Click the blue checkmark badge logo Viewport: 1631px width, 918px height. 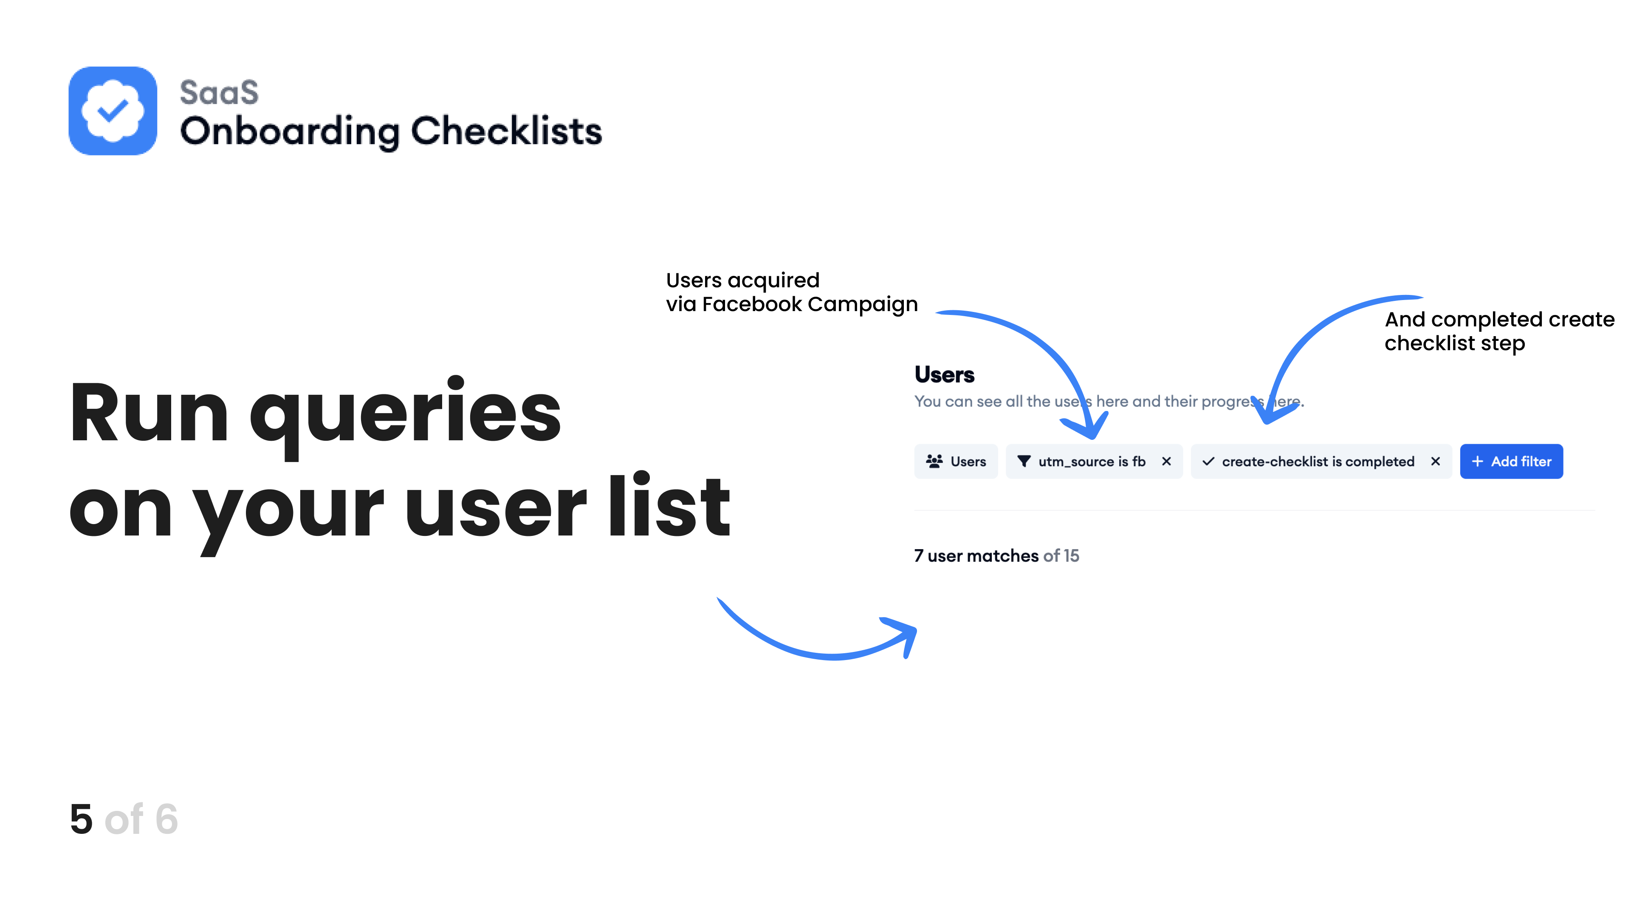[113, 111]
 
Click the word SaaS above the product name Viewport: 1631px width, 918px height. [219, 93]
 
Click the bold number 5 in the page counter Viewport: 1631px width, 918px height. [82, 819]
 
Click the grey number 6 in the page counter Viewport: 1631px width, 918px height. [166, 819]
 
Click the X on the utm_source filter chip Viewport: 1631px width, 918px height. [1166, 461]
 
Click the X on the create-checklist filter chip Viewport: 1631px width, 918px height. [1435, 461]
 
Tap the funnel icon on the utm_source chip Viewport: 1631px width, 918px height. [1024, 461]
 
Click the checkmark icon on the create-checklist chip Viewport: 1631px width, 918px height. [1208, 461]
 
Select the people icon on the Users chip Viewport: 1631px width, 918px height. [934, 461]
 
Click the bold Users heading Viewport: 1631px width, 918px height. [945, 374]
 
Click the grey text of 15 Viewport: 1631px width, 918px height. [1061, 555]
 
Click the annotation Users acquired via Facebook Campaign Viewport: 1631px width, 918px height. [791, 292]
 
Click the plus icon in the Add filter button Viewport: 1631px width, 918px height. [1477, 461]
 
